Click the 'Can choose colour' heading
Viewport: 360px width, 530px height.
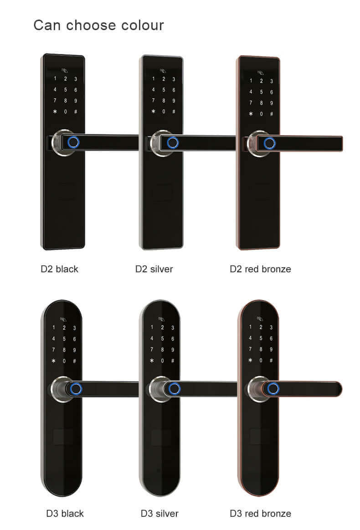(x=98, y=26)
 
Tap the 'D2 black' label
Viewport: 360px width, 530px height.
(x=59, y=269)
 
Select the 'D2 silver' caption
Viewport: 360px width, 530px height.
(x=154, y=269)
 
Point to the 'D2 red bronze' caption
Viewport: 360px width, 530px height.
(x=260, y=269)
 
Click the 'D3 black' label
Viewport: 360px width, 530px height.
(x=65, y=514)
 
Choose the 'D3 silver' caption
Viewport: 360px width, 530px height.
(x=159, y=514)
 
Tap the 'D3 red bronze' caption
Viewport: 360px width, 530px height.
(x=260, y=514)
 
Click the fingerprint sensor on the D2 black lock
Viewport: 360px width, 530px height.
(x=73, y=142)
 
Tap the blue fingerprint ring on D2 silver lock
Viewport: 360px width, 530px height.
(x=173, y=143)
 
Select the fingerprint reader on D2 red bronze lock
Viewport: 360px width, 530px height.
(x=269, y=143)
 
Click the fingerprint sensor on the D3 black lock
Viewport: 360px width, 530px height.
(x=76, y=389)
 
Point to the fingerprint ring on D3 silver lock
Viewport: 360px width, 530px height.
(x=174, y=389)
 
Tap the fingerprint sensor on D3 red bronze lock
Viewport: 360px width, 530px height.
(x=273, y=389)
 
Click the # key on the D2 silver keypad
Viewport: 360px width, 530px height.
(x=174, y=112)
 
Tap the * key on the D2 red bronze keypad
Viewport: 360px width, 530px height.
(x=251, y=114)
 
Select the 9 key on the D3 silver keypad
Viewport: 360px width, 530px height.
(x=173, y=350)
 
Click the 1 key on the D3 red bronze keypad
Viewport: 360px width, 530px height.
(x=250, y=327)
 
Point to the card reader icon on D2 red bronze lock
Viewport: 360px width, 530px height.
(x=260, y=73)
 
